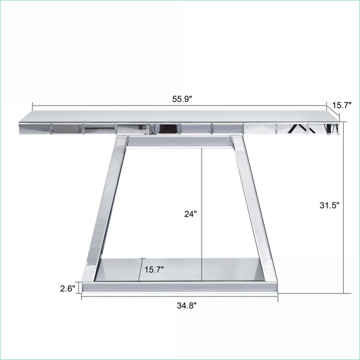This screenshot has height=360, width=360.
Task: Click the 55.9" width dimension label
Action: tap(182, 99)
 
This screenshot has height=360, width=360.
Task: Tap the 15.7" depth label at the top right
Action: tap(342, 106)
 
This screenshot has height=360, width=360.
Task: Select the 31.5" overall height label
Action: tap(329, 205)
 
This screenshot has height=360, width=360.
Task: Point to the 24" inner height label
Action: tap(191, 214)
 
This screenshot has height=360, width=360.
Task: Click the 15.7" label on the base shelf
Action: tap(154, 269)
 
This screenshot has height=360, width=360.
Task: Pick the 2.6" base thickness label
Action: tap(68, 289)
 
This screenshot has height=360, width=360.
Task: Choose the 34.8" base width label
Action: tap(187, 305)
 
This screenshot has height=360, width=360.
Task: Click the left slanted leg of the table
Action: tap(105, 208)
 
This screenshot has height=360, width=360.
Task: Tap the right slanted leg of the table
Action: tap(254, 208)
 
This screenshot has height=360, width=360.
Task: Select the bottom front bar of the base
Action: tap(179, 287)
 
